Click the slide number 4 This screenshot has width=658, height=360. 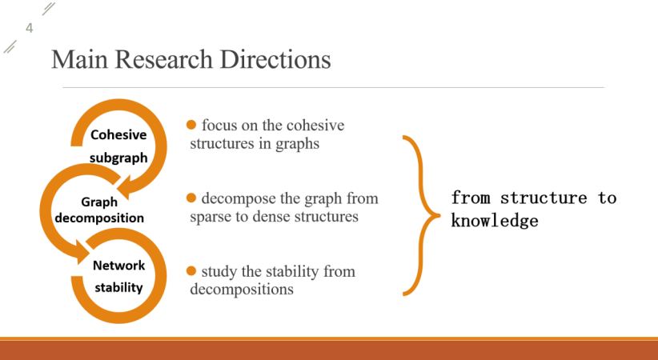pos(30,28)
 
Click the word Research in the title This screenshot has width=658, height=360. pos(163,59)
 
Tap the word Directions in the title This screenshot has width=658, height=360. pos(275,59)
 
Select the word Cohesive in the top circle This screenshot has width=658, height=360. pos(118,134)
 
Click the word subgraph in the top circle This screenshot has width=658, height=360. pos(118,158)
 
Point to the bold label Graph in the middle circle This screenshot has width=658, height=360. pos(99,202)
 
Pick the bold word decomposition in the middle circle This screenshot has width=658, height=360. pos(99,218)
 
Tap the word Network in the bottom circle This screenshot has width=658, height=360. pos(118,265)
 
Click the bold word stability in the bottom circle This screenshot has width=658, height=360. pos(118,287)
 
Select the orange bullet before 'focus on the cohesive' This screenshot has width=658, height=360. pos(191,125)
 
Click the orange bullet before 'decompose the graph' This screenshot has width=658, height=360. pos(191,198)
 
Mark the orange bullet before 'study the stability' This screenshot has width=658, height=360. pos(191,271)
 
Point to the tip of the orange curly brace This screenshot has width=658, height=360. pos(440,216)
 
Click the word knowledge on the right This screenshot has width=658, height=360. pos(495,221)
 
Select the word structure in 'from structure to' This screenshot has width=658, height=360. pos(544,198)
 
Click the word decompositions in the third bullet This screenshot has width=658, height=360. pos(242,289)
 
